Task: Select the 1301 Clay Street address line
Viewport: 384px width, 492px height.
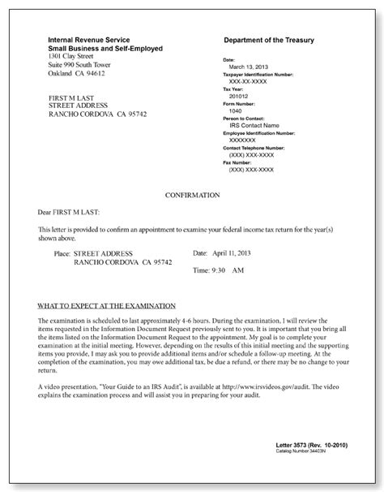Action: point(73,57)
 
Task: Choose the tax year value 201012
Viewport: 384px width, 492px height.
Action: point(240,93)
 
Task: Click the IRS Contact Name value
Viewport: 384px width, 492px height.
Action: point(254,125)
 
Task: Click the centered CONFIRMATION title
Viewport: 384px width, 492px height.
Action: point(191,195)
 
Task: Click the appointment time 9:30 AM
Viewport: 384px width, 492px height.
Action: point(222,270)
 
